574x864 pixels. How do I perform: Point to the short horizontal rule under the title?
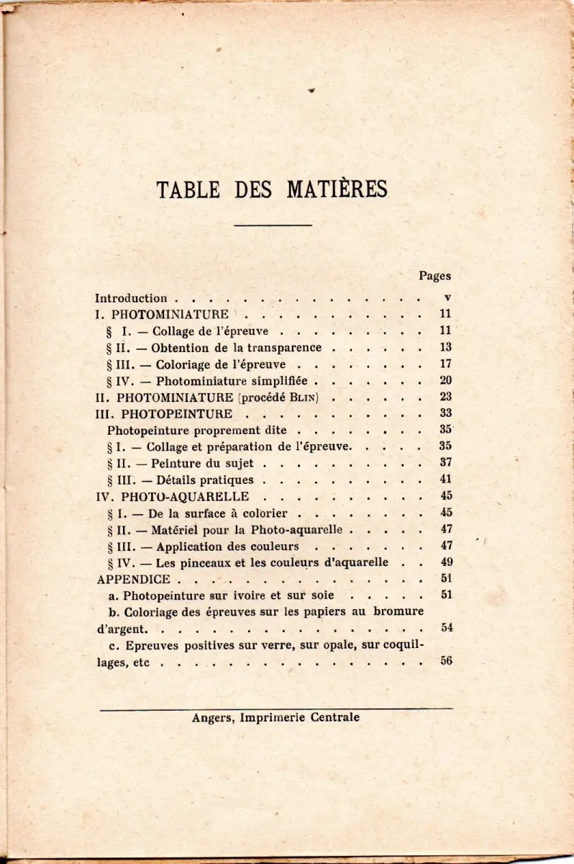click(x=273, y=226)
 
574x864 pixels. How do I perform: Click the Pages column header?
click(x=434, y=276)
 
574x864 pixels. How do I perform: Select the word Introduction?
click(x=131, y=298)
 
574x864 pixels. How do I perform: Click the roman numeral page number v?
click(x=447, y=297)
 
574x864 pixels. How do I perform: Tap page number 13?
click(x=445, y=347)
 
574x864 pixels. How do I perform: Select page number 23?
click(x=445, y=397)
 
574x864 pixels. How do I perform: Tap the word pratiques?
click(x=222, y=480)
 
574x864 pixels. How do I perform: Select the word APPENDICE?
click(x=133, y=579)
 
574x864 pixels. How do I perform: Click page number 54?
click(x=446, y=628)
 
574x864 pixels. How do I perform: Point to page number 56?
click(x=446, y=662)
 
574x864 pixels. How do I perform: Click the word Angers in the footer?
click(x=210, y=718)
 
